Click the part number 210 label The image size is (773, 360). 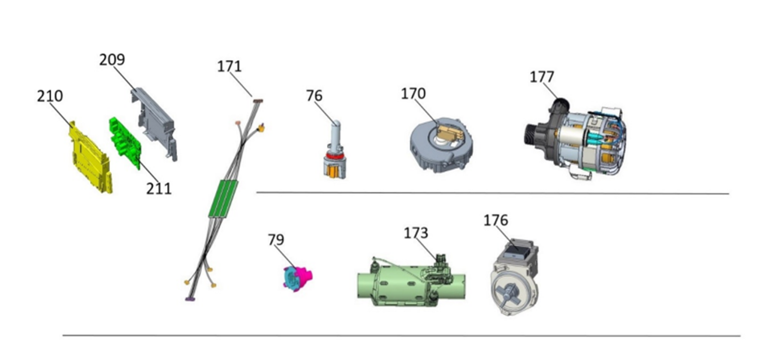click(x=50, y=96)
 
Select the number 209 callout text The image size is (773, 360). click(x=112, y=60)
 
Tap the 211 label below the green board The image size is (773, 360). click(x=159, y=189)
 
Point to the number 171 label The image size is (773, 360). click(x=229, y=66)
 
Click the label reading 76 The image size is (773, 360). click(x=314, y=95)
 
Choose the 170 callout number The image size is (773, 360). click(x=413, y=94)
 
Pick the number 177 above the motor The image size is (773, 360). click(x=542, y=77)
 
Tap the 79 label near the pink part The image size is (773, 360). click(x=276, y=240)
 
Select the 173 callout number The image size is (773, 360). click(x=416, y=233)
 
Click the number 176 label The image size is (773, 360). click(x=496, y=220)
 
